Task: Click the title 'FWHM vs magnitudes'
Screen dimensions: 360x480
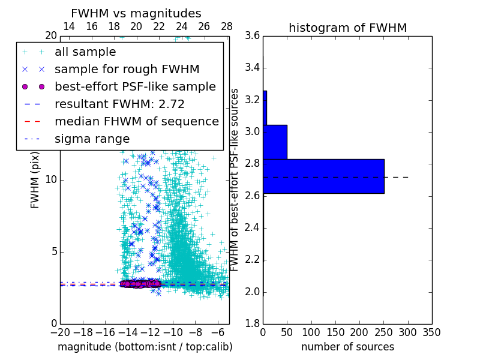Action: pos(136,13)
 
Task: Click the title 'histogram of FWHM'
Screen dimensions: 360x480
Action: pos(347,28)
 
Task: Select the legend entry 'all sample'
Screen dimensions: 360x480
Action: pos(85,52)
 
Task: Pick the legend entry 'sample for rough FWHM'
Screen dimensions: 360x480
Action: pos(127,70)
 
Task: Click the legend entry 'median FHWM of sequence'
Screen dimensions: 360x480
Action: pos(136,121)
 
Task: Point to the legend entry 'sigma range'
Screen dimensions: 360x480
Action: pos(92,139)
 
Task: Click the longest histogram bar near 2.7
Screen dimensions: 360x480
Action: pos(323,176)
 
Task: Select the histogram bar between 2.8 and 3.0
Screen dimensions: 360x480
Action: pos(275,142)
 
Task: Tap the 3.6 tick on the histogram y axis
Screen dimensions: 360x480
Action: pos(253,36)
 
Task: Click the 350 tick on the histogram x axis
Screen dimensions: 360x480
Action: pos(431,332)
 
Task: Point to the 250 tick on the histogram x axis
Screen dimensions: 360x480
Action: pos(383,332)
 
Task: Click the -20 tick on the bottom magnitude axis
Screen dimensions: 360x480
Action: pos(60,332)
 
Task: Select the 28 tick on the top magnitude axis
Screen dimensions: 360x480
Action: pos(227,26)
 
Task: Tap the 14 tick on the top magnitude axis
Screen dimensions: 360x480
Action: pos(69,26)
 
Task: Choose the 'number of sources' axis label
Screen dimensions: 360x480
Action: pos(347,347)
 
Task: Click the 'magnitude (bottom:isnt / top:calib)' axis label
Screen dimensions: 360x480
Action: pos(145,347)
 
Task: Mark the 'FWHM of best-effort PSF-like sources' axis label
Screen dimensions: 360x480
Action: pos(235,179)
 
